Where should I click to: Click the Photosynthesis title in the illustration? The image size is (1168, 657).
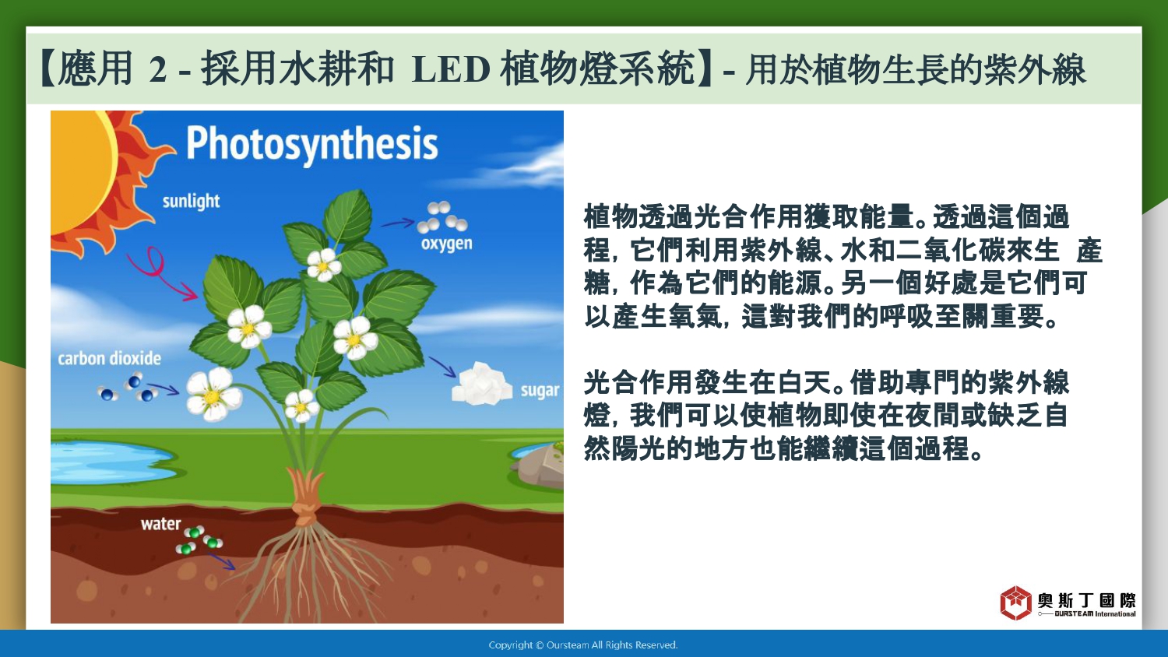coord(311,145)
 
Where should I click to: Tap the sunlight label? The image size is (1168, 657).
coord(191,202)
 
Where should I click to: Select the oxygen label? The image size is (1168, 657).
coord(446,244)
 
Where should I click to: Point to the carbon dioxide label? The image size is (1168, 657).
coord(110,359)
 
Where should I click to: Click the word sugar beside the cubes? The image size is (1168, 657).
coord(540,391)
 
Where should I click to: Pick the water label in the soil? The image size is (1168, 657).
coord(160,524)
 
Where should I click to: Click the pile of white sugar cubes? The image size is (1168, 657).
coord(481,385)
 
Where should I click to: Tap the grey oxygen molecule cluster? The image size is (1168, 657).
coord(442,217)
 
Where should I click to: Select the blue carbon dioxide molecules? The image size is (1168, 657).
coord(128,388)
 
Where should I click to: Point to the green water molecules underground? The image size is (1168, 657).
coord(199,539)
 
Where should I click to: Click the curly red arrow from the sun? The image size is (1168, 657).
coord(160,273)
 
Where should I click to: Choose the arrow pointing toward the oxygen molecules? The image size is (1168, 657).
coord(398,223)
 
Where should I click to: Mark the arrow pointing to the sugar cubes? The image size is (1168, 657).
coord(442,367)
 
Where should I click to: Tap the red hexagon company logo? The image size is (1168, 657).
coord(1015,603)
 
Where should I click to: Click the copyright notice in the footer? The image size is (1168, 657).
coord(583,645)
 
